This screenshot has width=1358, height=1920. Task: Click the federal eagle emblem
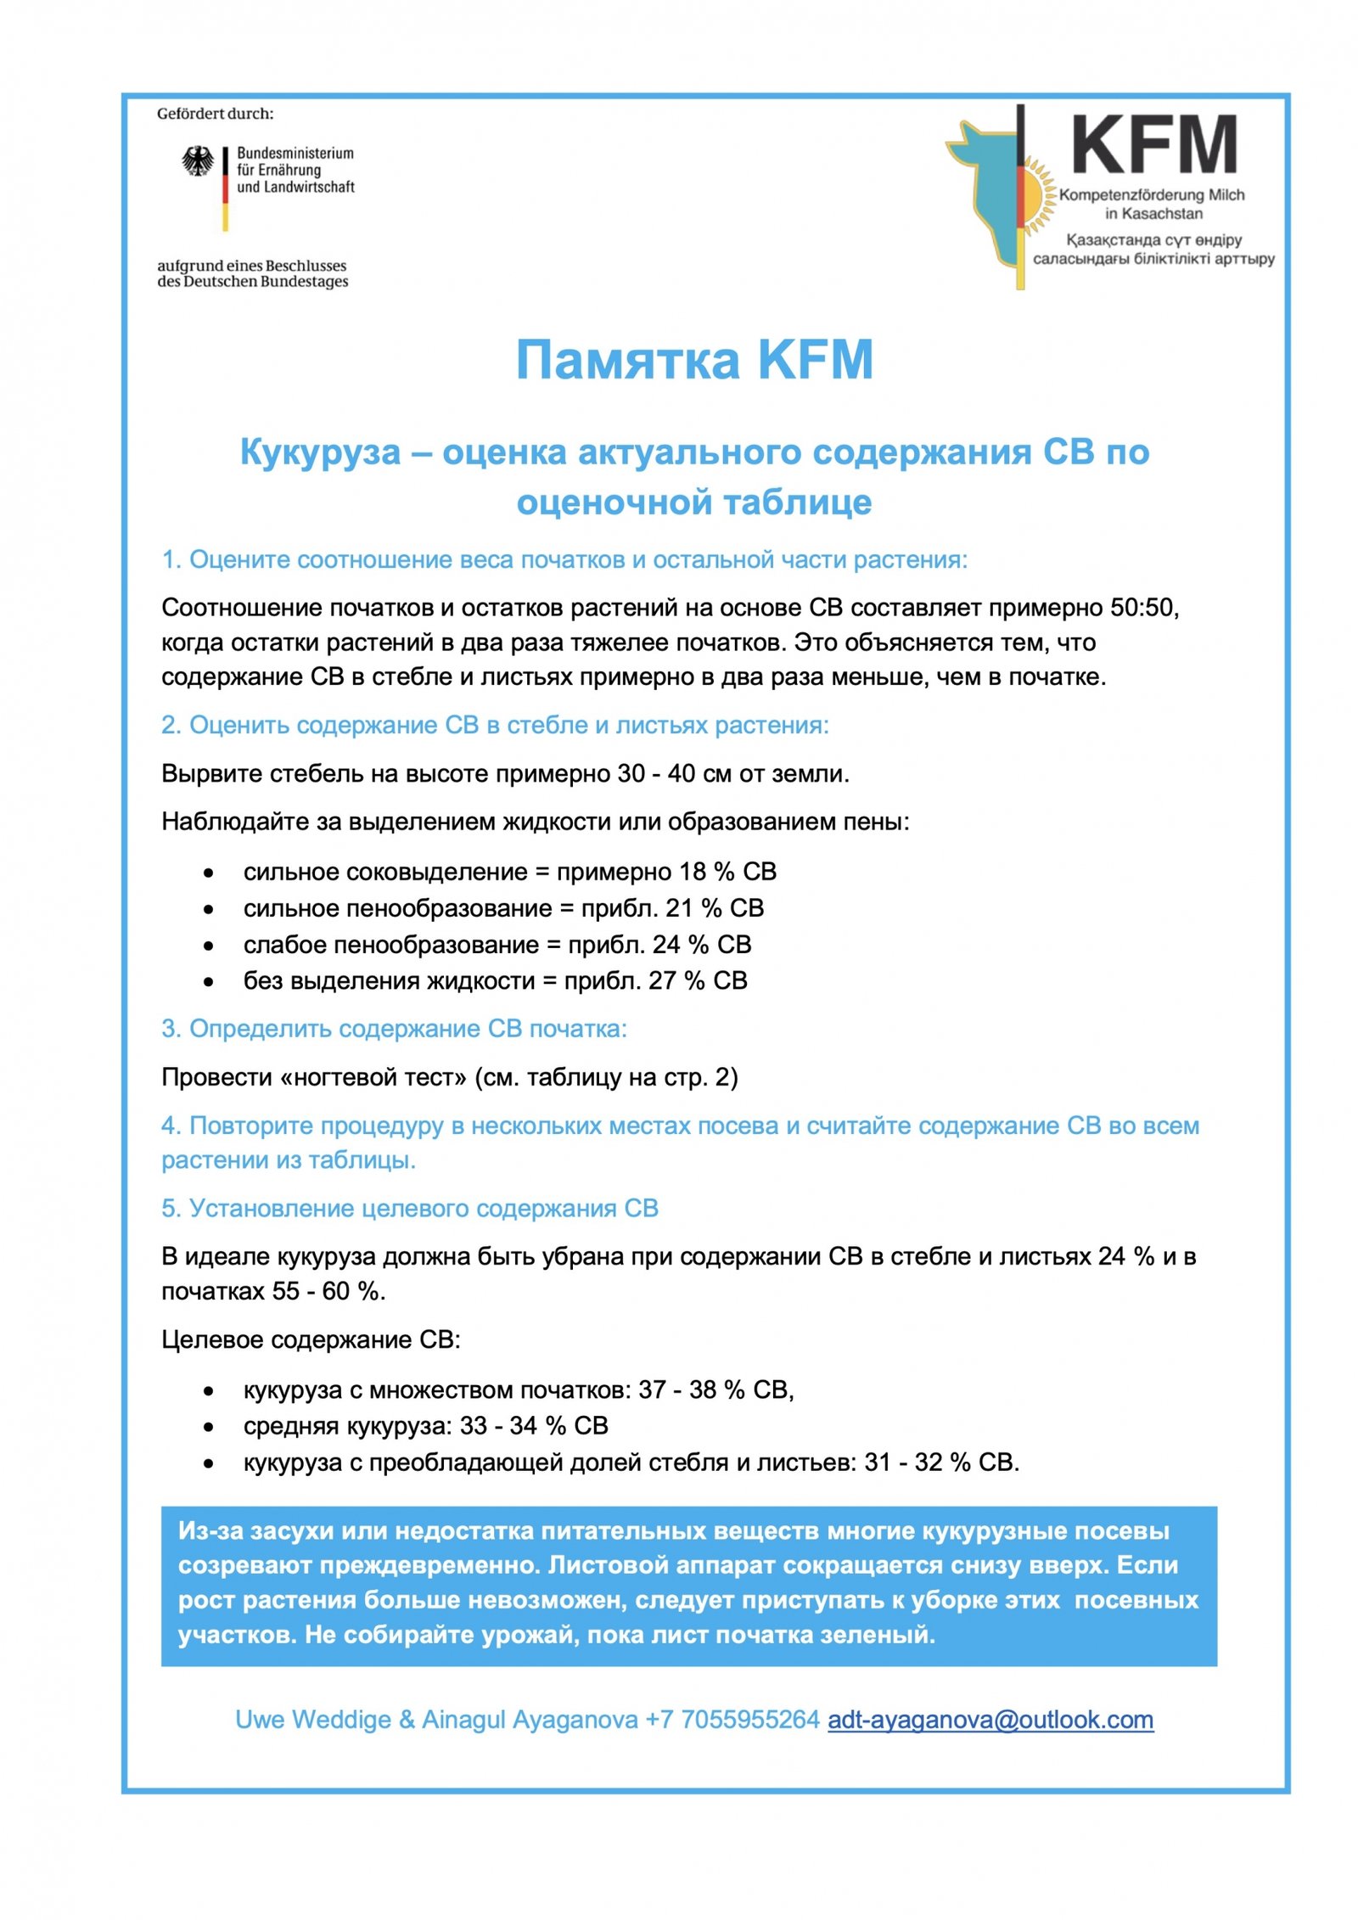(198, 161)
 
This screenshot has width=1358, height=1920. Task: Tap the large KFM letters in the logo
(1153, 146)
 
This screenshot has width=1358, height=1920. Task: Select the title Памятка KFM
(694, 360)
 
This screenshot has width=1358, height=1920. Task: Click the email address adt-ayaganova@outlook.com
(990, 1720)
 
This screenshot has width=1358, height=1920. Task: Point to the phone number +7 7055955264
(732, 1720)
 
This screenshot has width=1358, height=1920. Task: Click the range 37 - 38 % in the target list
(692, 1389)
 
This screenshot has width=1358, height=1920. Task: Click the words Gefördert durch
(216, 114)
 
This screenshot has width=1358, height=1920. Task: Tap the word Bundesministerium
(295, 154)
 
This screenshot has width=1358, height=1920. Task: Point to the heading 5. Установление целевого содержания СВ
(410, 1208)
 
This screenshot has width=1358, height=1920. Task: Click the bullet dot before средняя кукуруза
(209, 1427)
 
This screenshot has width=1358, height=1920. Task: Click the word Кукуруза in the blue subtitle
(320, 452)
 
